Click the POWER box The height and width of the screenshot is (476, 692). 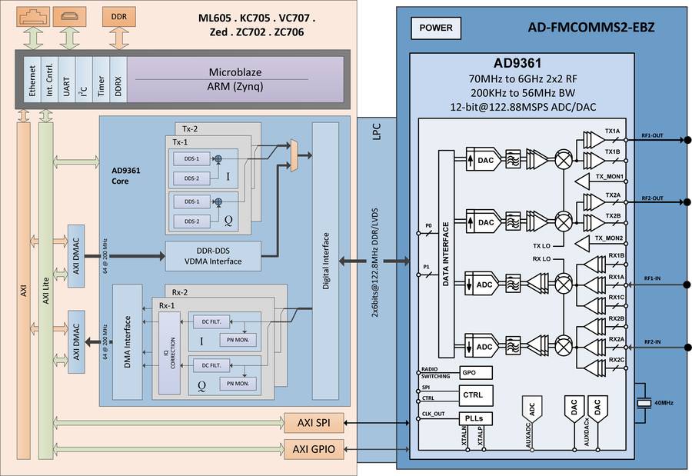tap(437, 29)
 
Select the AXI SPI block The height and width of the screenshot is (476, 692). tap(310, 423)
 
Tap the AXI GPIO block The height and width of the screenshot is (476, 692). tap(310, 449)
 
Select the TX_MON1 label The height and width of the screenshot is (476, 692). tap(608, 178)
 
